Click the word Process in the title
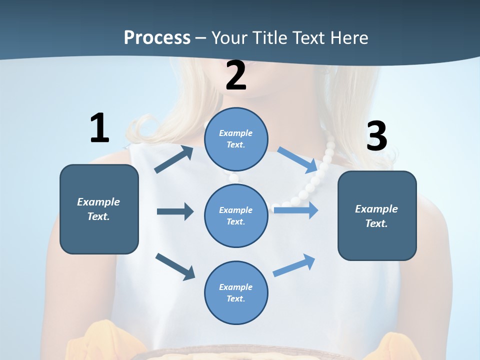coord(157,37)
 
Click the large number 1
coord(99,128)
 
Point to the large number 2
coord(236,76)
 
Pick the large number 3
coord(376,136)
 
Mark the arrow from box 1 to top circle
coord(173,160)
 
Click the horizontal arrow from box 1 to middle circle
coord(174,211)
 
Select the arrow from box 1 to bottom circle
coord(175,266)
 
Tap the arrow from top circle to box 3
coord(297,159)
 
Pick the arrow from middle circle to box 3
coord(296,210)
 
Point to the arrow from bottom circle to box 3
coord(294,265)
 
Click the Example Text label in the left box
coord(98,209)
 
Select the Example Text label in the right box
coord(376,216)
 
